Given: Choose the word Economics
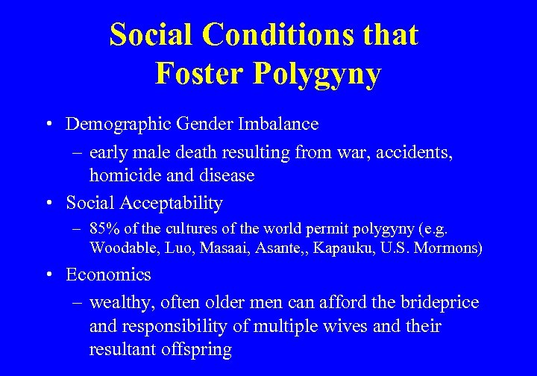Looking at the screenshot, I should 108,275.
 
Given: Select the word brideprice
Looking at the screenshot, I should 439,302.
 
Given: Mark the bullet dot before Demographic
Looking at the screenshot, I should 48,124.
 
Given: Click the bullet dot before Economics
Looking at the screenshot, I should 48,275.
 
